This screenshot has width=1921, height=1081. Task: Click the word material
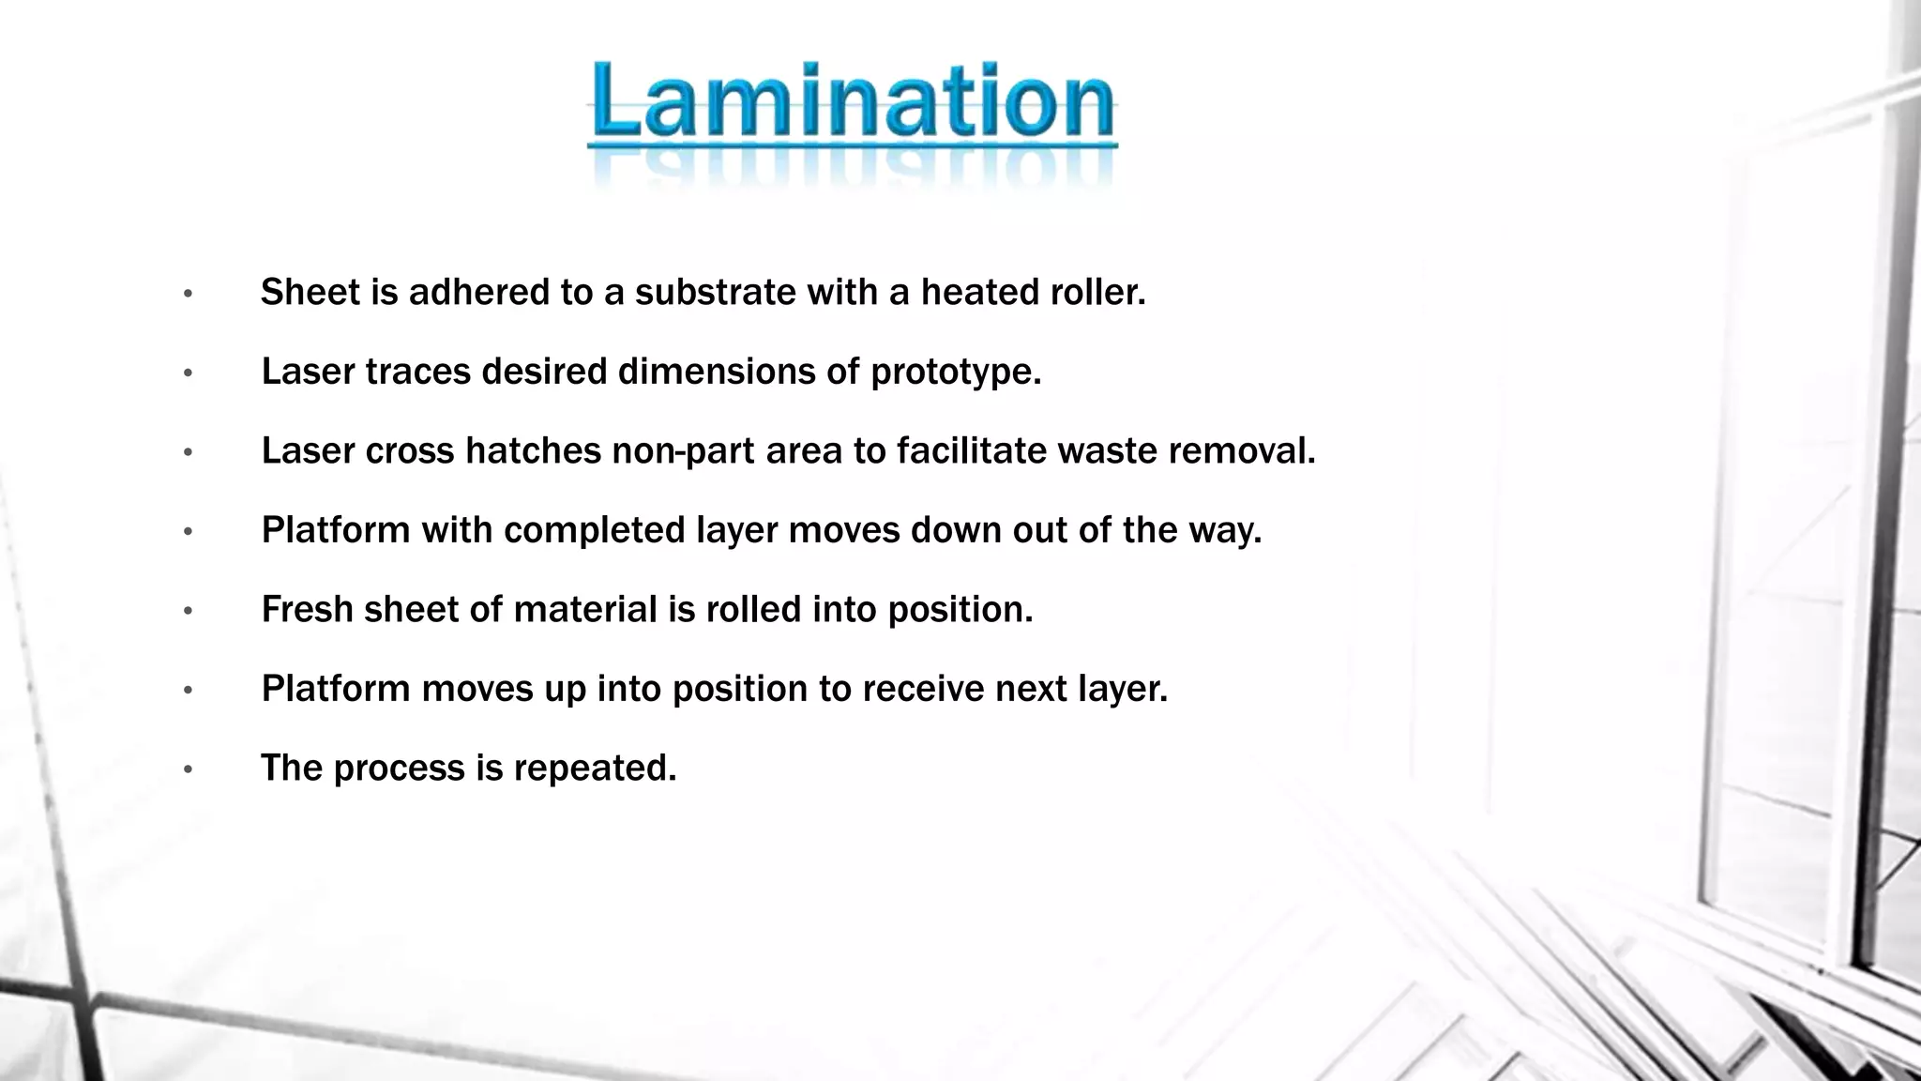(584, 610)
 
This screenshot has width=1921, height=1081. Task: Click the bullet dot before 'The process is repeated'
(189, 770)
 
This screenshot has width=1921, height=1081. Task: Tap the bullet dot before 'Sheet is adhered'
(189, 294)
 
